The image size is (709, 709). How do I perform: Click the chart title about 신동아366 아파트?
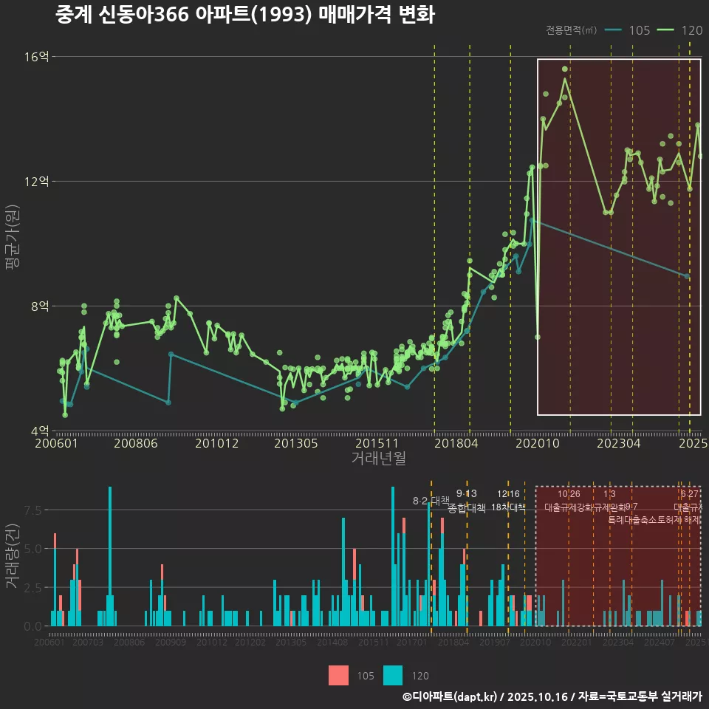coord(244,15)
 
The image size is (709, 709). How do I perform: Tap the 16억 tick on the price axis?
coord(38,57)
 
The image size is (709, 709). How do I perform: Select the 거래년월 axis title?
coord(378,459)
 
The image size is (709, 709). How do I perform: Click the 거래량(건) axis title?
coord(13,556)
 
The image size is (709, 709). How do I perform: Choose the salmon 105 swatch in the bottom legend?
coord(339,675)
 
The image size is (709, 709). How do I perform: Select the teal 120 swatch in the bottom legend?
coord(394,675)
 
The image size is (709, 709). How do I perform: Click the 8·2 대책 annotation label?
coord(431,501)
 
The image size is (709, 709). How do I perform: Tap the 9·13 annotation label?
coord(467,493)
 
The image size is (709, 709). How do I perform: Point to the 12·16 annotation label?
coord(508,493)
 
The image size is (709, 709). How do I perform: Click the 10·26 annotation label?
coord(569,493)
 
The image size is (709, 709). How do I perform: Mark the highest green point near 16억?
coord(565,69)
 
